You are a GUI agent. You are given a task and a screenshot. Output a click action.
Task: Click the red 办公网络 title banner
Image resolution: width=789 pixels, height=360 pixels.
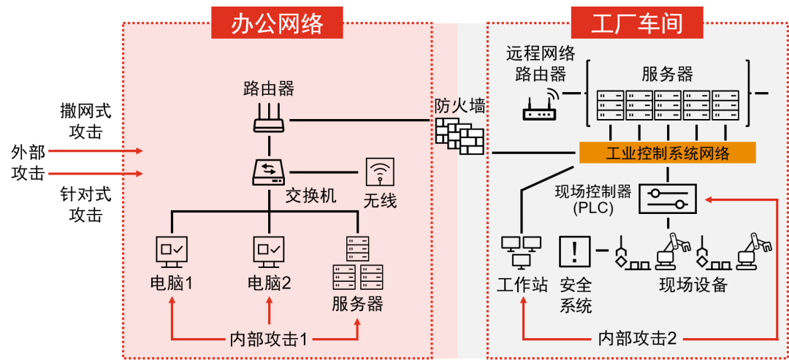(x=277, y=23)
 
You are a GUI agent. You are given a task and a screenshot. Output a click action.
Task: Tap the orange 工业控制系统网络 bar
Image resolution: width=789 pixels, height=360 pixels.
(x=667, y=153)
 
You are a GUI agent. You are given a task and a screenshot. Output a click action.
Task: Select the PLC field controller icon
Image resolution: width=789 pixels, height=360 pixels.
(x=668, y=198)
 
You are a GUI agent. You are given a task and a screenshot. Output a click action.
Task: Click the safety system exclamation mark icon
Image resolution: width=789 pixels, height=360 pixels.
(x=575, y=252)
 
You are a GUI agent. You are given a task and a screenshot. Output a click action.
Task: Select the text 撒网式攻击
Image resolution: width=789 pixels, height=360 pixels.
(x=85, y=122)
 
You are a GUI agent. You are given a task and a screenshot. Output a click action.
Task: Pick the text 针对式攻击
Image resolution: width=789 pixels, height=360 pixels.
(x=85, y=205)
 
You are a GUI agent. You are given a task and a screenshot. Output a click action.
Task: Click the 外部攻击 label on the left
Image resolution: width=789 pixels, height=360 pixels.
(x=28, y=163)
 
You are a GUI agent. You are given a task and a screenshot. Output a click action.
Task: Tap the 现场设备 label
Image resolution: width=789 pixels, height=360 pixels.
(x=693, y=285)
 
